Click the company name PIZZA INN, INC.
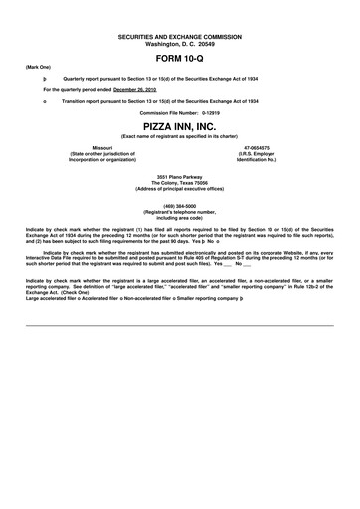pyautogui.click(x=179, y=128)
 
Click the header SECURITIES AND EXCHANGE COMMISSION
pyautogui.click(x=179, y=35)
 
